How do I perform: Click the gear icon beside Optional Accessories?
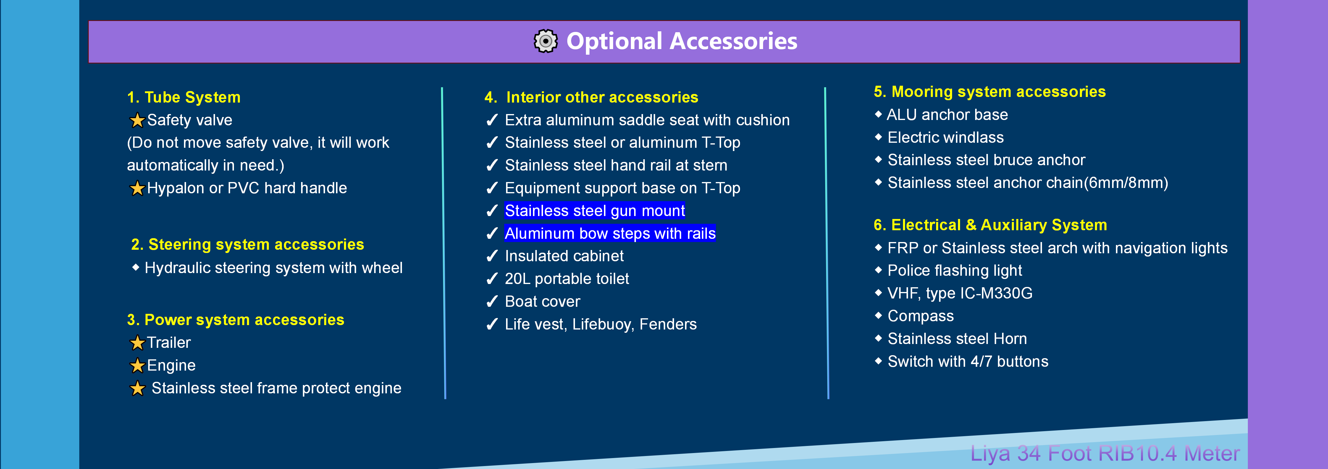tap(545, 41)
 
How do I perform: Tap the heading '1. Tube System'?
tap(184, 98)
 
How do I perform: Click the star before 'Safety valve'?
tap(137, 121)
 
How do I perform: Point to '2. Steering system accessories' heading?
tap(248, 244)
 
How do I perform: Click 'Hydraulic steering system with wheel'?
tap(273, 268)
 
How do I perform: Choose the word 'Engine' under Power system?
tap(171, 365)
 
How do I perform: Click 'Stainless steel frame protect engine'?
tap(276, 388)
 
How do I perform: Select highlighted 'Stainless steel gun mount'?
tap(594, 211)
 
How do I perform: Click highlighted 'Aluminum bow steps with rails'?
tap(610, 233)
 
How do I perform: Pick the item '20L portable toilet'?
tap(567, 279)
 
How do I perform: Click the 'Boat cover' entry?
tap(542, 301)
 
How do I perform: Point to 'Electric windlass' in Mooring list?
tap(946, 138)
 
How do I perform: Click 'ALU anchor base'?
tap(947, 115)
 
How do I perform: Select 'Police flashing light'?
tap(954, 271)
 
